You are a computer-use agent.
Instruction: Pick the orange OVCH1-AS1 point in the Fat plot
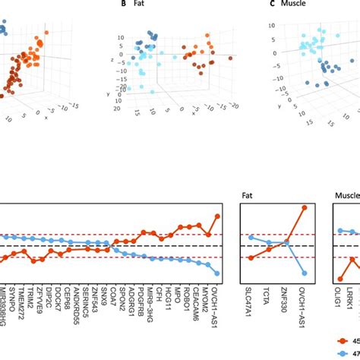pos(305,207)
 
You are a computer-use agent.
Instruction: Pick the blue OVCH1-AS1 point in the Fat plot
pos(305,273)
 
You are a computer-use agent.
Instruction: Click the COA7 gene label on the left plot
pos(113,289)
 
